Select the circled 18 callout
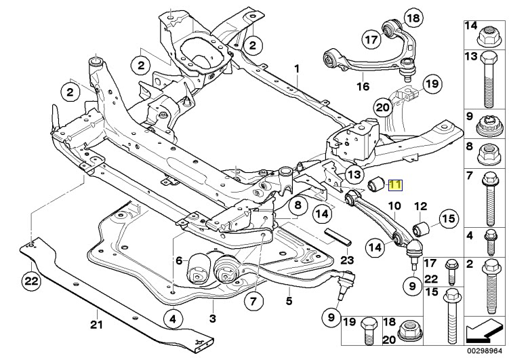[x=412, y=18]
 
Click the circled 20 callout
[x=383, y=106]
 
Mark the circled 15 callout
[x=447, y=218]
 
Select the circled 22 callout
[x=30, y=279]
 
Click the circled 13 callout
[x=354, y=175]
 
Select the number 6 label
[x=179, y=260]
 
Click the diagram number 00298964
[x=483, y=351]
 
